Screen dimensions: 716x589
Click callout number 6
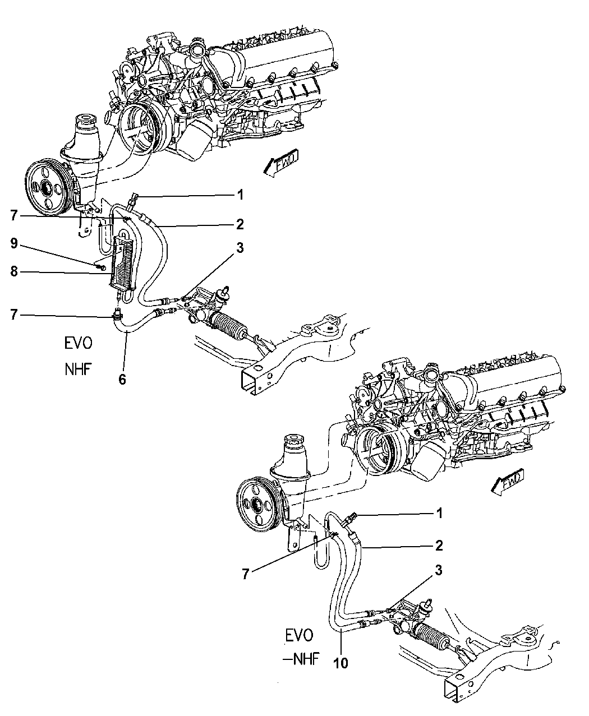tap(122, 380)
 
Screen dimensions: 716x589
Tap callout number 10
tap(341, 663)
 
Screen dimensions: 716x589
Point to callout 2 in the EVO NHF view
tap(240, 225)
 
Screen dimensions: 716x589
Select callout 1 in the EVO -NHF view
tap(439, 513)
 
